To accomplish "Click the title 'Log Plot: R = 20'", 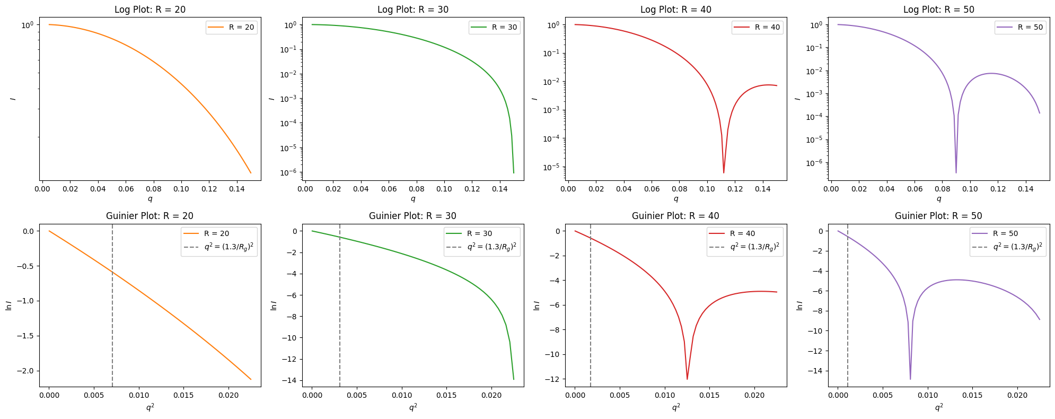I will pyautogui.click(x=150, y=10).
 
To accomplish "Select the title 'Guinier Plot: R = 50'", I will pyautogui.click(x=938, y=216).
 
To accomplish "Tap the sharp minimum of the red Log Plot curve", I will pyautogui.click(x=724, y=172).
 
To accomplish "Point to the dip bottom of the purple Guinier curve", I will pyautogui.click(x=910, y=378).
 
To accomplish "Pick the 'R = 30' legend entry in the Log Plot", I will pyautogui.click(x=494, y=28).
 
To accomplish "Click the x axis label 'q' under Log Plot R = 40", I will pyautogui.click(x=675, y=199).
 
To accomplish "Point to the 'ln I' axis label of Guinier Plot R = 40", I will pyautogui.click(x=536, y=305).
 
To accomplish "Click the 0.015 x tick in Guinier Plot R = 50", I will pyautogui.click(x=972, y=395).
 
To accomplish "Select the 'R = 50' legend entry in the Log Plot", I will pyautogui.click(x=1020, y=28).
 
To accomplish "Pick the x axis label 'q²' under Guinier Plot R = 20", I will pyautogui.click(x=150, y=407).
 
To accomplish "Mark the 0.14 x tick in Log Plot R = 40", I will pyautogui.click(x=762, y=188).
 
